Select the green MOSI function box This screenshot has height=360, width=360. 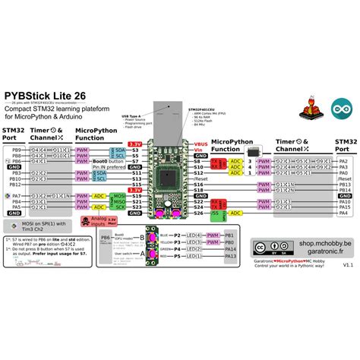pyautogui.click(x=119, y=194)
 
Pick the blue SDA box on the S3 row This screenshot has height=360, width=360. pyautogui.click(x=101, y=150)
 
